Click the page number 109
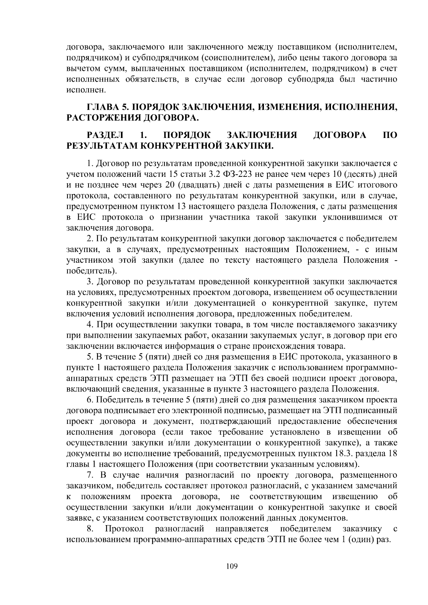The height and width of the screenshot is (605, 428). [231, 566]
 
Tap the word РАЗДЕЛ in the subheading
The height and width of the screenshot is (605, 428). [105, 135]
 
